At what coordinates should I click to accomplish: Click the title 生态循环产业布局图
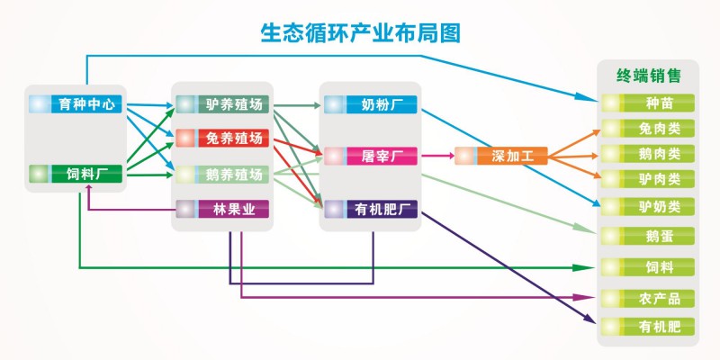tap(360, 34)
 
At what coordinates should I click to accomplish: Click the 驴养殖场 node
tap(222, 103)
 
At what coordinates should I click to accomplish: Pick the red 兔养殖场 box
tap(222, 139)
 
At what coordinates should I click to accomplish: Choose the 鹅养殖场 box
tap(222, 174)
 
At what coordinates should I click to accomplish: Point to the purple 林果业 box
tap(222, 209)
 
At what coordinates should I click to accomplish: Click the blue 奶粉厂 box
tap(371, 104)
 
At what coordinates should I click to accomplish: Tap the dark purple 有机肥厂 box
tap(371, 210)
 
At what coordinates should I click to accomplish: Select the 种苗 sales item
tap(648, 103)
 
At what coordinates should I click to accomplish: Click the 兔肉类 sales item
tap(648, 129)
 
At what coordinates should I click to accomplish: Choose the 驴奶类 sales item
tap(648, 206)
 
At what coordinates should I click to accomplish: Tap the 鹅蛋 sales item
tap(648, 236)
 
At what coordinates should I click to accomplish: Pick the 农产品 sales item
tap(648, 298)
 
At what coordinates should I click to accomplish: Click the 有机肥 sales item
tap(648, 325)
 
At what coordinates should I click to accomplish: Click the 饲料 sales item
tap(648, 267)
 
